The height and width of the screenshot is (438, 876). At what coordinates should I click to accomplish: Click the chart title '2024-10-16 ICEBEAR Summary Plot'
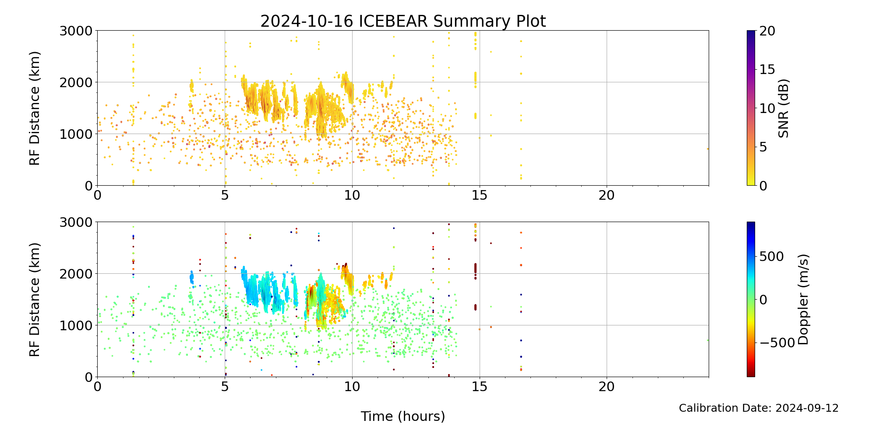click(403, 21)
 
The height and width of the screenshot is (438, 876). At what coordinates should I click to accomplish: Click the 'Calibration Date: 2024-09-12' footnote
click(759, 408)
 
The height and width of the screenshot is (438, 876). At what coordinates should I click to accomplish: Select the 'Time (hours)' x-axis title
click(403, 417)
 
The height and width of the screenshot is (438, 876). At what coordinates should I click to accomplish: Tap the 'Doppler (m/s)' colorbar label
click(803, 299)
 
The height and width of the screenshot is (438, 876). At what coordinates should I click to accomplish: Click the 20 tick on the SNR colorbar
click(767, 31)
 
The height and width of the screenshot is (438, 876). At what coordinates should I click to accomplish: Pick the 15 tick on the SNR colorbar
click(767, 70)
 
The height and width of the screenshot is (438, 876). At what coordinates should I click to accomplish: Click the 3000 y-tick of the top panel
click(76, 31)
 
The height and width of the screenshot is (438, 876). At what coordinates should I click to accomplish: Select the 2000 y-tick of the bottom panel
click(76, 274)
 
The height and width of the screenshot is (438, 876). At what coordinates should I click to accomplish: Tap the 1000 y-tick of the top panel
click(76, 134)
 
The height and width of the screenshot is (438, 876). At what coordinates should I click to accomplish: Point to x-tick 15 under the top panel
click(480, 195)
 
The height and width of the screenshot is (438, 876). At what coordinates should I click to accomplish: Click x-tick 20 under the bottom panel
click(607, 387)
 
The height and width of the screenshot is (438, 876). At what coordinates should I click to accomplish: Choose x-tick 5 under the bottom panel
click(225, 387)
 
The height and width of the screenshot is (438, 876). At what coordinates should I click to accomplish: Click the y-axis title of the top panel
click(35, 108)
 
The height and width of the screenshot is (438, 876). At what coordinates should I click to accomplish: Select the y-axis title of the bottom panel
click(35, 300)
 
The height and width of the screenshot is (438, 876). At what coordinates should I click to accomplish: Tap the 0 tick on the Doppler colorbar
click(763, 300)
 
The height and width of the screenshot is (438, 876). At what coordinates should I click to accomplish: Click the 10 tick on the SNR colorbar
click(767, 108)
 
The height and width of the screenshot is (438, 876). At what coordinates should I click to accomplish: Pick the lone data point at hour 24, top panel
click(708, 149)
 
